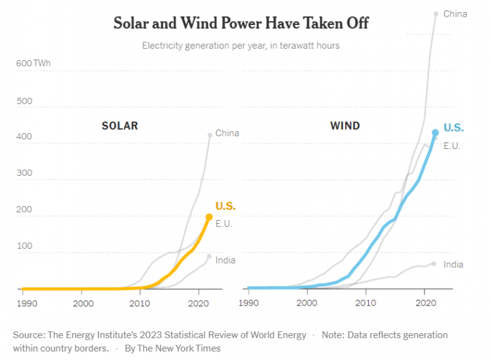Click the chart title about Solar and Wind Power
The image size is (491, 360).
[x=241, y=24]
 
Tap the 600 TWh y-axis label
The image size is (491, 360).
[x=33, y=63]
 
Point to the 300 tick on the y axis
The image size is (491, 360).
[x=24, y=173]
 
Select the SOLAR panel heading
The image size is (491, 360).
[x=120, y=126]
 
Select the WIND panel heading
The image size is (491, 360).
[x=345, y=126]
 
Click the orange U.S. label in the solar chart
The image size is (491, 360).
[x=225, y=206]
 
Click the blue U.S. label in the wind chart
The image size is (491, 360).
[x=453, y=128]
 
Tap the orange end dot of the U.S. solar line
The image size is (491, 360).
[x=209, y=217]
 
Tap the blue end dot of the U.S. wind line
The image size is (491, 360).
[x=435, y=133]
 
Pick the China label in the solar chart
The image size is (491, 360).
[x=227, y=133]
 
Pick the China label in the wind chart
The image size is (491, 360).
[x=455, y=14]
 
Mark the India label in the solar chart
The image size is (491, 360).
[x=225, y=260]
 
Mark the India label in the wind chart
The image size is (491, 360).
[x=453, y=265]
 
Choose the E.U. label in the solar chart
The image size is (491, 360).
[x=224, y=224]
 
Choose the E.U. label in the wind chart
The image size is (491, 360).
[x=452, y=146]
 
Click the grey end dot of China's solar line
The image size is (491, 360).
[x=210, y=135]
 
